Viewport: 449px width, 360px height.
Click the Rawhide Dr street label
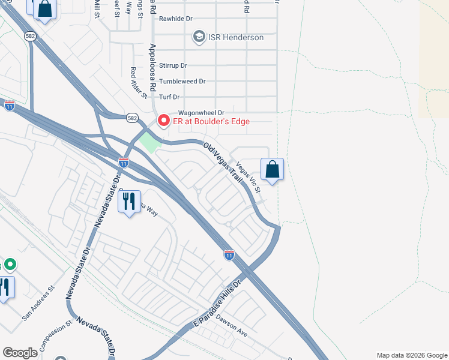(175, 19)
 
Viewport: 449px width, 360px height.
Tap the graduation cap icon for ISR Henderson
(199, 37)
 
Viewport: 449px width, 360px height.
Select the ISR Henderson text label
(236, 37)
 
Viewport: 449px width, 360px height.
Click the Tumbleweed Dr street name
(186, 81)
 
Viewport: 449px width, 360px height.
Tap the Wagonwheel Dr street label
(200, 113)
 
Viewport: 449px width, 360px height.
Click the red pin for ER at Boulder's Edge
(163, 121)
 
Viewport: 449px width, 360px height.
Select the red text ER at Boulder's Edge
(211, 121)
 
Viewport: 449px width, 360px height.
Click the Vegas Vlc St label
(249, 178)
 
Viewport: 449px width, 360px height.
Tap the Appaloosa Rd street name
(153, 66)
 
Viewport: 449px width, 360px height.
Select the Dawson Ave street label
(232, 325)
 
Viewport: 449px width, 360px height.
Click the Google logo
(20, 353)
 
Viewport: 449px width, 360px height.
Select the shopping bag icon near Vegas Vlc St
(272, 169)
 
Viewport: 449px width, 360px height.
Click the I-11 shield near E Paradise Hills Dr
(229, 254)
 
